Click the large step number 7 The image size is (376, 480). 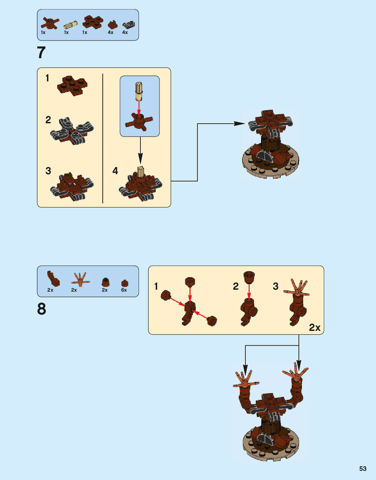[41, 53]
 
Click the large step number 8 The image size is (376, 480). [41, 309]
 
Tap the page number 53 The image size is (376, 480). [363, 469]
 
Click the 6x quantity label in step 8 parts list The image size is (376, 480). [124, 290]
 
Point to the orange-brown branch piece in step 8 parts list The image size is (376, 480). [80, 280]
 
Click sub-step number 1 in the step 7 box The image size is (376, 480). [47, 78]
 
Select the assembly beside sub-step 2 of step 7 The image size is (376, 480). [72, 131]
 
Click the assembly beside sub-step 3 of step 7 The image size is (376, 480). [72, 187]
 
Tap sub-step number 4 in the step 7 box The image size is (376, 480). [115, 171]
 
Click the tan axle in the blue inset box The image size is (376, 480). [139, 91]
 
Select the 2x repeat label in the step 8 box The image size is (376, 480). [315, 327]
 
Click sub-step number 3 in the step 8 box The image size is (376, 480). [276, 286]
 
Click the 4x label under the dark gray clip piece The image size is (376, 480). [125, 32]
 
